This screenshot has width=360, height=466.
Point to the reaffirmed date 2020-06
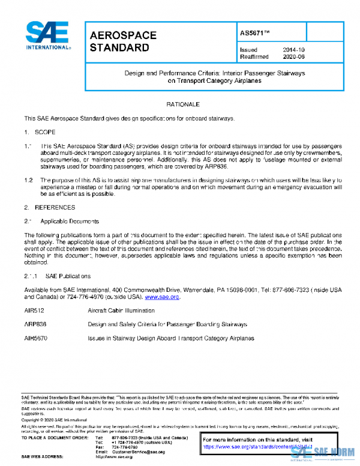(x=293, y=57)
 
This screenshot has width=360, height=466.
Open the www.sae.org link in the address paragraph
(x=162, y=297)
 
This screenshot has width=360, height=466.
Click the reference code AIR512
(x=34, y=311)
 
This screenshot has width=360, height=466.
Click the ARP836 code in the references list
(x=35, y=325)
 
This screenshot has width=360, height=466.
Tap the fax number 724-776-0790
(x=125, y=447)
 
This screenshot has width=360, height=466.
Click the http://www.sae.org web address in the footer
(x=114, y=458)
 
